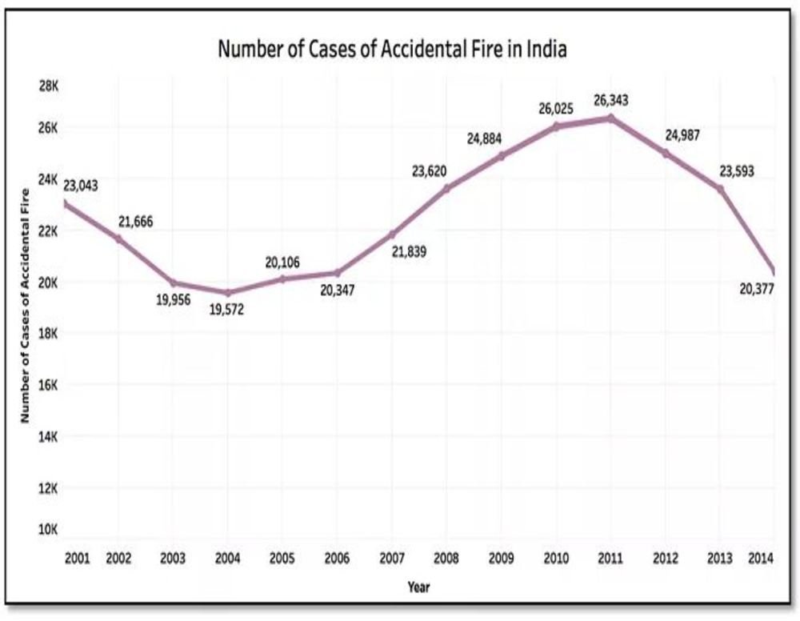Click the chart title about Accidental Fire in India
[393, 50]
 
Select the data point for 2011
[610, 118]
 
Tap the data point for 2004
[228, 293]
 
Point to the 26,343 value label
[610, 101]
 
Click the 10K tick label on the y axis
[48, 530]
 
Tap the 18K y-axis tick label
[48, 333]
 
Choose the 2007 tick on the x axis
[392, 558]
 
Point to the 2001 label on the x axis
[77, 558]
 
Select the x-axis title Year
[418, 588]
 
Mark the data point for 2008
[446, 189]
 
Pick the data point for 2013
[720, 189]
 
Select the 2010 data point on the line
[556, 126]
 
